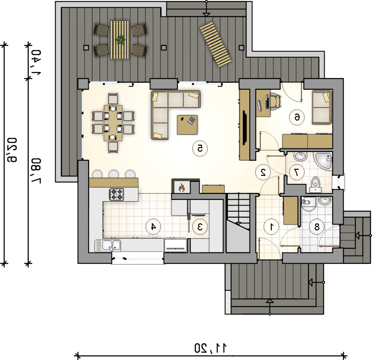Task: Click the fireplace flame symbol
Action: (181, 187)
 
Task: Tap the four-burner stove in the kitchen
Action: (116, 194)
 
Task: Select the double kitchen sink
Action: (108, 246)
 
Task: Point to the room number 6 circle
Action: (297, 117)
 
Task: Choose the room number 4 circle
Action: (153, 227)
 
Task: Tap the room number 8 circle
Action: (317, 227)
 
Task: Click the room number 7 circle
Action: (297, 172)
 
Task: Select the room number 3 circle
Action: (200, 227)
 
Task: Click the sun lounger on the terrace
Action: (216, 45)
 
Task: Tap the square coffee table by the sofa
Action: (187, 125)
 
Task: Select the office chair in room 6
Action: (275, 101)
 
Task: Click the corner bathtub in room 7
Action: (323, 161)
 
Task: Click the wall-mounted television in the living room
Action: (245, 128)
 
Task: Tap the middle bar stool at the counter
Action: (114, 174)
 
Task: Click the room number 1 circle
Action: (271, 227)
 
